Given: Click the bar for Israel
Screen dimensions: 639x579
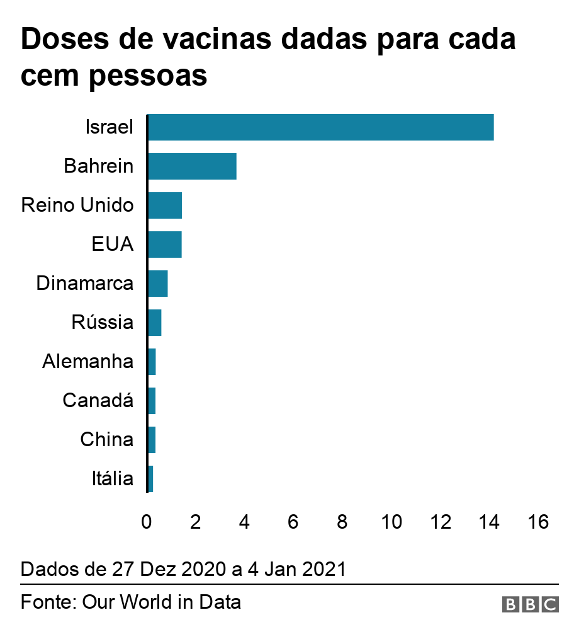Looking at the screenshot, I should coord(320,127).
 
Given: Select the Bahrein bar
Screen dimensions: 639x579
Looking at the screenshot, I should coord(192,166).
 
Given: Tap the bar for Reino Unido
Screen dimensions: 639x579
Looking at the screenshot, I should coord(165,205).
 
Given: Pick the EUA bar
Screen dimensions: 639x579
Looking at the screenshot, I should coord(165,245).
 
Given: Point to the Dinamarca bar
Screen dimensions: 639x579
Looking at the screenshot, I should coord(158,284).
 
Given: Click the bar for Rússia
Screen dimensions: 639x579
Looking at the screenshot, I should coord(155,323).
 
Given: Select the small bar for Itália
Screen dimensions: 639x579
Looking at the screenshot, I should coord(150,479).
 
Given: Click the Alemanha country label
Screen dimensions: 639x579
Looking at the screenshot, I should coord(88,362).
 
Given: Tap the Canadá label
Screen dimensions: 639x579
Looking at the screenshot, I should coord(98,401).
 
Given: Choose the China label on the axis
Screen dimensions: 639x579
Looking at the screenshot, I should coord(107,440).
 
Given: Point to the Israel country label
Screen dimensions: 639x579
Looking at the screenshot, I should coord(110,127).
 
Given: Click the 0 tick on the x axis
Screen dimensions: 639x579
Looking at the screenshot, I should coord(147,522).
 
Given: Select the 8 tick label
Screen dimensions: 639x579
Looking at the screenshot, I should coord(342,522).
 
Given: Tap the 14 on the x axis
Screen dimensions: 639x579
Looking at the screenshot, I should coord(488,522).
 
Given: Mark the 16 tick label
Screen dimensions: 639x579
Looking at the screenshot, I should coord(537,522).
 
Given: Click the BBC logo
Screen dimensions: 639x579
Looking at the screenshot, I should coord(530,604).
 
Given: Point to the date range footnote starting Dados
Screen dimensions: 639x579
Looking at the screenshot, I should coord(183,569).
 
